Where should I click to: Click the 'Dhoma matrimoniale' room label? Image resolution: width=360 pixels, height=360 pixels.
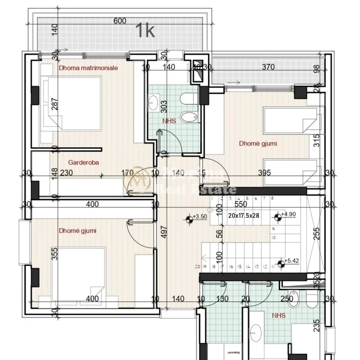[88, 68]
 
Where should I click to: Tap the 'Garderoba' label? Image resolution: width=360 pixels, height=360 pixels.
[84, 162]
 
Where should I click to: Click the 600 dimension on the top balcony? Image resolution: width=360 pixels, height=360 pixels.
[120, 21]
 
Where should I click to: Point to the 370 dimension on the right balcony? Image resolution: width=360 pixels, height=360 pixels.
[268, 67]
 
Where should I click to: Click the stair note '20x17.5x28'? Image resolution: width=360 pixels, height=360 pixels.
[244, 215]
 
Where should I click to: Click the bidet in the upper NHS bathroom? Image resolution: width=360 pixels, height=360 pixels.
[188, 117]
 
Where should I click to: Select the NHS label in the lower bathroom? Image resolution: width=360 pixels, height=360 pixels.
[278, 316]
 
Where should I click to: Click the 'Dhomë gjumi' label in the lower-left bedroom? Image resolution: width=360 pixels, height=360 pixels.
[78, 231]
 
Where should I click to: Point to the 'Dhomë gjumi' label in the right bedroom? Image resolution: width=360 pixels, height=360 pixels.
[258, 144]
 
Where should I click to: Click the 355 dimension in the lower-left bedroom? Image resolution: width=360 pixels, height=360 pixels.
[54, 255]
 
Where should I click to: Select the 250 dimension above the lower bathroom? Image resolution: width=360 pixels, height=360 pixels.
[287, 299]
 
